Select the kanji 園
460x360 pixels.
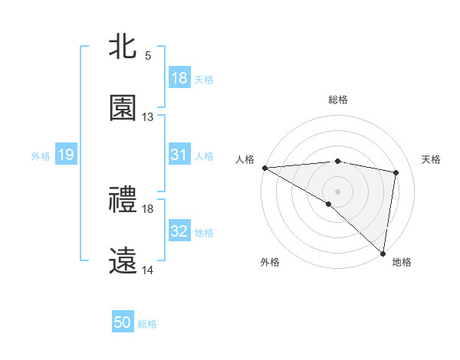123,108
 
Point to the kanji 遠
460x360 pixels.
123,261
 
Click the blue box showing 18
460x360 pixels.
179,78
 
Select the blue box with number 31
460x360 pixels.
179,155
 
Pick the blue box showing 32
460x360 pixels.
179,231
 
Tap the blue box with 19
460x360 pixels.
66,155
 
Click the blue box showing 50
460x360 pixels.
123,322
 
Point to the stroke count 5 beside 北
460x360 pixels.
148,56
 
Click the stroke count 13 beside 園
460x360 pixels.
148,117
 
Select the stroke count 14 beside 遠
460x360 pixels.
148,270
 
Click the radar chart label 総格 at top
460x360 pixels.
337,100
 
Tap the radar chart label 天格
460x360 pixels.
431,159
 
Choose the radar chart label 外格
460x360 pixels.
270,262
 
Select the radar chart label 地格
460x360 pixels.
402,262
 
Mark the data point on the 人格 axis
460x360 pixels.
264,168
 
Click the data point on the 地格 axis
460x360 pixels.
383,253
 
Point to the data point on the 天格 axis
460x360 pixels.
396,172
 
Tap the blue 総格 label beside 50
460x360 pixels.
147,323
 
